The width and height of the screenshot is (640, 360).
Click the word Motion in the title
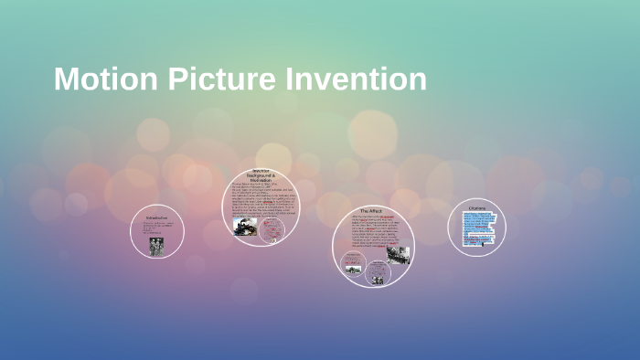coord(106,79)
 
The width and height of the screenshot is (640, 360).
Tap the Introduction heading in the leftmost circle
coord(157,218)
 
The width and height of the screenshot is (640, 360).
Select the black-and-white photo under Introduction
coord(157,247)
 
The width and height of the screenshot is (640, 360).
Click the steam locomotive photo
coord(245,226)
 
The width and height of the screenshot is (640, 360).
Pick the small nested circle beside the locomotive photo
coord(272,229)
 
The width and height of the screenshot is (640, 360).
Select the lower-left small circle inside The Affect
coord(353,266)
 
